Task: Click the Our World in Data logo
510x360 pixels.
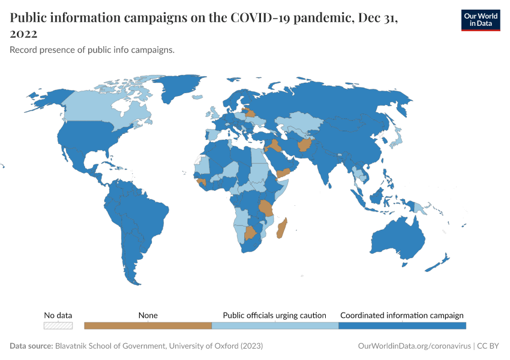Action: click(480, 20)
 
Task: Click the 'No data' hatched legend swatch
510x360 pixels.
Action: click(58, 326)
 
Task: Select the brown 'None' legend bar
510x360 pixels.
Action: click(148, 326)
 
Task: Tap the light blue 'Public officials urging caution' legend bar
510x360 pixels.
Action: click(275, 326)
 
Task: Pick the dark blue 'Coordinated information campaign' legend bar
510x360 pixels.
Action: click(402, 326)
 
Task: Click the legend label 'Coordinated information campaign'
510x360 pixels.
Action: click(401, 315)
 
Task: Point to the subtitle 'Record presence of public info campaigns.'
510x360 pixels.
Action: click(92, 50)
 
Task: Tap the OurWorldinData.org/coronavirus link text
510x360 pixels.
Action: click(413, 346)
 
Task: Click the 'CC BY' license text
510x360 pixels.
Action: click(489, 346)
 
